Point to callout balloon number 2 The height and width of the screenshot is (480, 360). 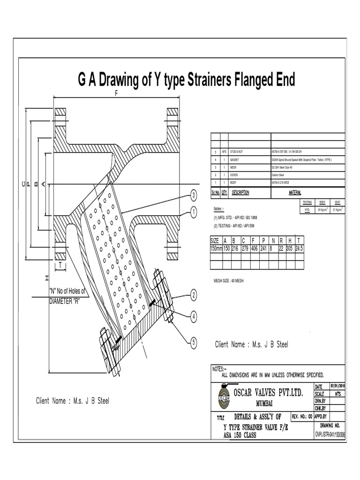coord(193,295)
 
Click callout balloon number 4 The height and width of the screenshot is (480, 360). coord(193,317)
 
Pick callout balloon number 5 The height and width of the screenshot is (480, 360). coord(193,343)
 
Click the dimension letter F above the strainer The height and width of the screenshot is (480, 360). coord(116,93)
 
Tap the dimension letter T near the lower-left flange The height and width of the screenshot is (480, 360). coord(60,265)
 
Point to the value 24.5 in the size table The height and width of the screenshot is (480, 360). coord(299,248)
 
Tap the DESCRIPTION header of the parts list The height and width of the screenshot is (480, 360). coord(239,193)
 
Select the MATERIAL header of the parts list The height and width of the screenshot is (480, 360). coord(294,193)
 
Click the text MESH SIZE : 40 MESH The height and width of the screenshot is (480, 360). coord(229,280)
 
